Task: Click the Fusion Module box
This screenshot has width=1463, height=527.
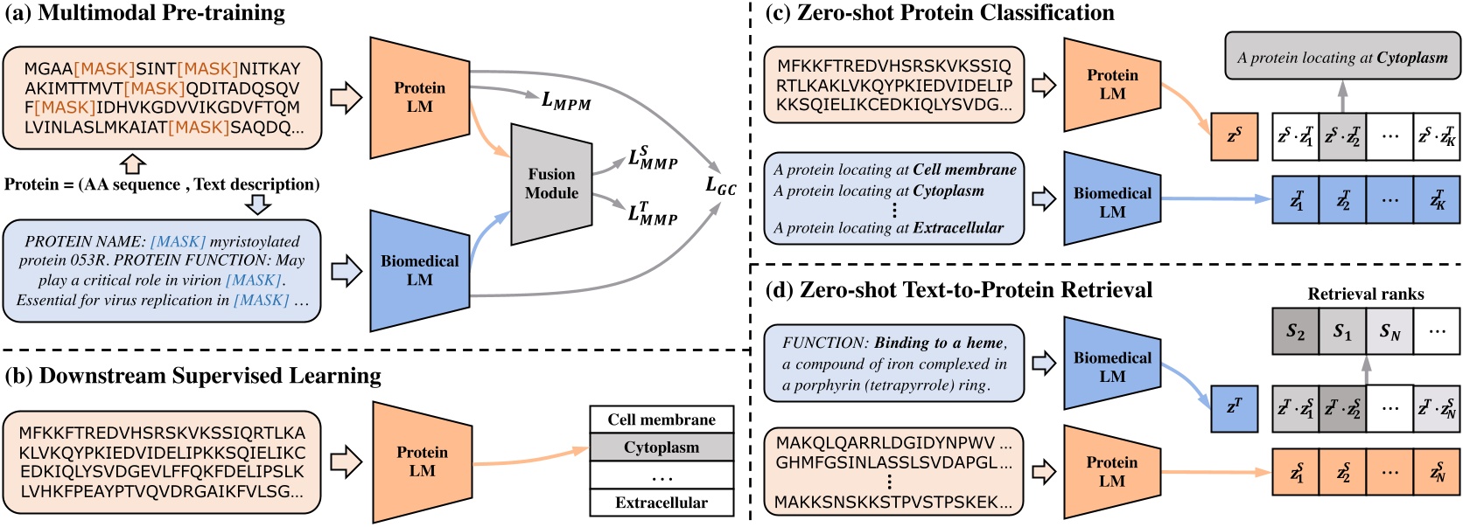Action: (x=551, y=184)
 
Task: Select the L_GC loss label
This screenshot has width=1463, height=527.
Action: (x=721, y=185)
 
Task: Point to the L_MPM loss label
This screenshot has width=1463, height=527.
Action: (x=566, y=101)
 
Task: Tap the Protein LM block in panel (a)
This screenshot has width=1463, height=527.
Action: (x=419, y=97)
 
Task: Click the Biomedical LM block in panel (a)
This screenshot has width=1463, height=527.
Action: (x=419, y=270)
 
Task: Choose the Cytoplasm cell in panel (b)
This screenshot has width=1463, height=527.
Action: (x=661, y=447)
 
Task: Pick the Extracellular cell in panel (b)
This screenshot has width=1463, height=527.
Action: (x=661, y=503)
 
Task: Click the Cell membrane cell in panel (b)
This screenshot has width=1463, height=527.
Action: (x=661, y=420)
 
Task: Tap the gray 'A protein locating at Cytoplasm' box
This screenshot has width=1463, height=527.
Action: (x=1342, y=58)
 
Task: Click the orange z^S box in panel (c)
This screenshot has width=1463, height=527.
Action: (x=1234, y=136)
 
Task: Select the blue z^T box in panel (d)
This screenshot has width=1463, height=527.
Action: (x=1234, y=408)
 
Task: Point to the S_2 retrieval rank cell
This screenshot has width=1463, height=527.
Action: (x=1295, y=331)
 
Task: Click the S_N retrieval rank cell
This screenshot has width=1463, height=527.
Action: (x=1389, y=331)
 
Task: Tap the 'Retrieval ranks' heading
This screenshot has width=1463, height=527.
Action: (x=1365, y=294)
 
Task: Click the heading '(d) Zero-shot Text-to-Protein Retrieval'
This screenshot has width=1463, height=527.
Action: (x=958, y=290)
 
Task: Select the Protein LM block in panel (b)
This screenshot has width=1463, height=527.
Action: (x=422, y=461)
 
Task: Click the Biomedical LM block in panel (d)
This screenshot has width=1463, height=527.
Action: (x=1112, y=367)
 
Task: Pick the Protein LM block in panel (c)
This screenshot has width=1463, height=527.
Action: (x=1112, y=84)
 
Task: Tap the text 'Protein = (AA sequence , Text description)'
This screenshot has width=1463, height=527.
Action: (x=162, y=184)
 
